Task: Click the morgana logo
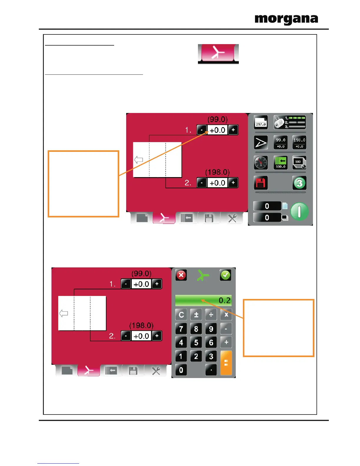pyautogui.click(x=286, y=19)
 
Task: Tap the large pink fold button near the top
pyautogui.click(x=218, y=54)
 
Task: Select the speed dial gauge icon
pyautogui.click(x=261, y=163)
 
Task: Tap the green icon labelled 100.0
pyautogui.click(x=281, y=163)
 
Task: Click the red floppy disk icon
pyautogui.click(x=261, y=183)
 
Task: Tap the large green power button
pyautogui.click(x=299, y=212)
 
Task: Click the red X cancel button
pyautogui.click(x=181, y=275)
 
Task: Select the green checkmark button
pyautogui.click(x=226, y=275)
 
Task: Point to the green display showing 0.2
pyautogui.click(x=204, y=300)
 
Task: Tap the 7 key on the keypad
pyautogui.click(x=181, y=329)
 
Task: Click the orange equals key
pyautogui.click(x=226, y=363)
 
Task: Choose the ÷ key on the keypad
pyautogui.click(x=211, y=315)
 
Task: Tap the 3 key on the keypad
pyautogui.click(x=211, y=356)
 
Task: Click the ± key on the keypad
pyautogui.click(x=196, y=315)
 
